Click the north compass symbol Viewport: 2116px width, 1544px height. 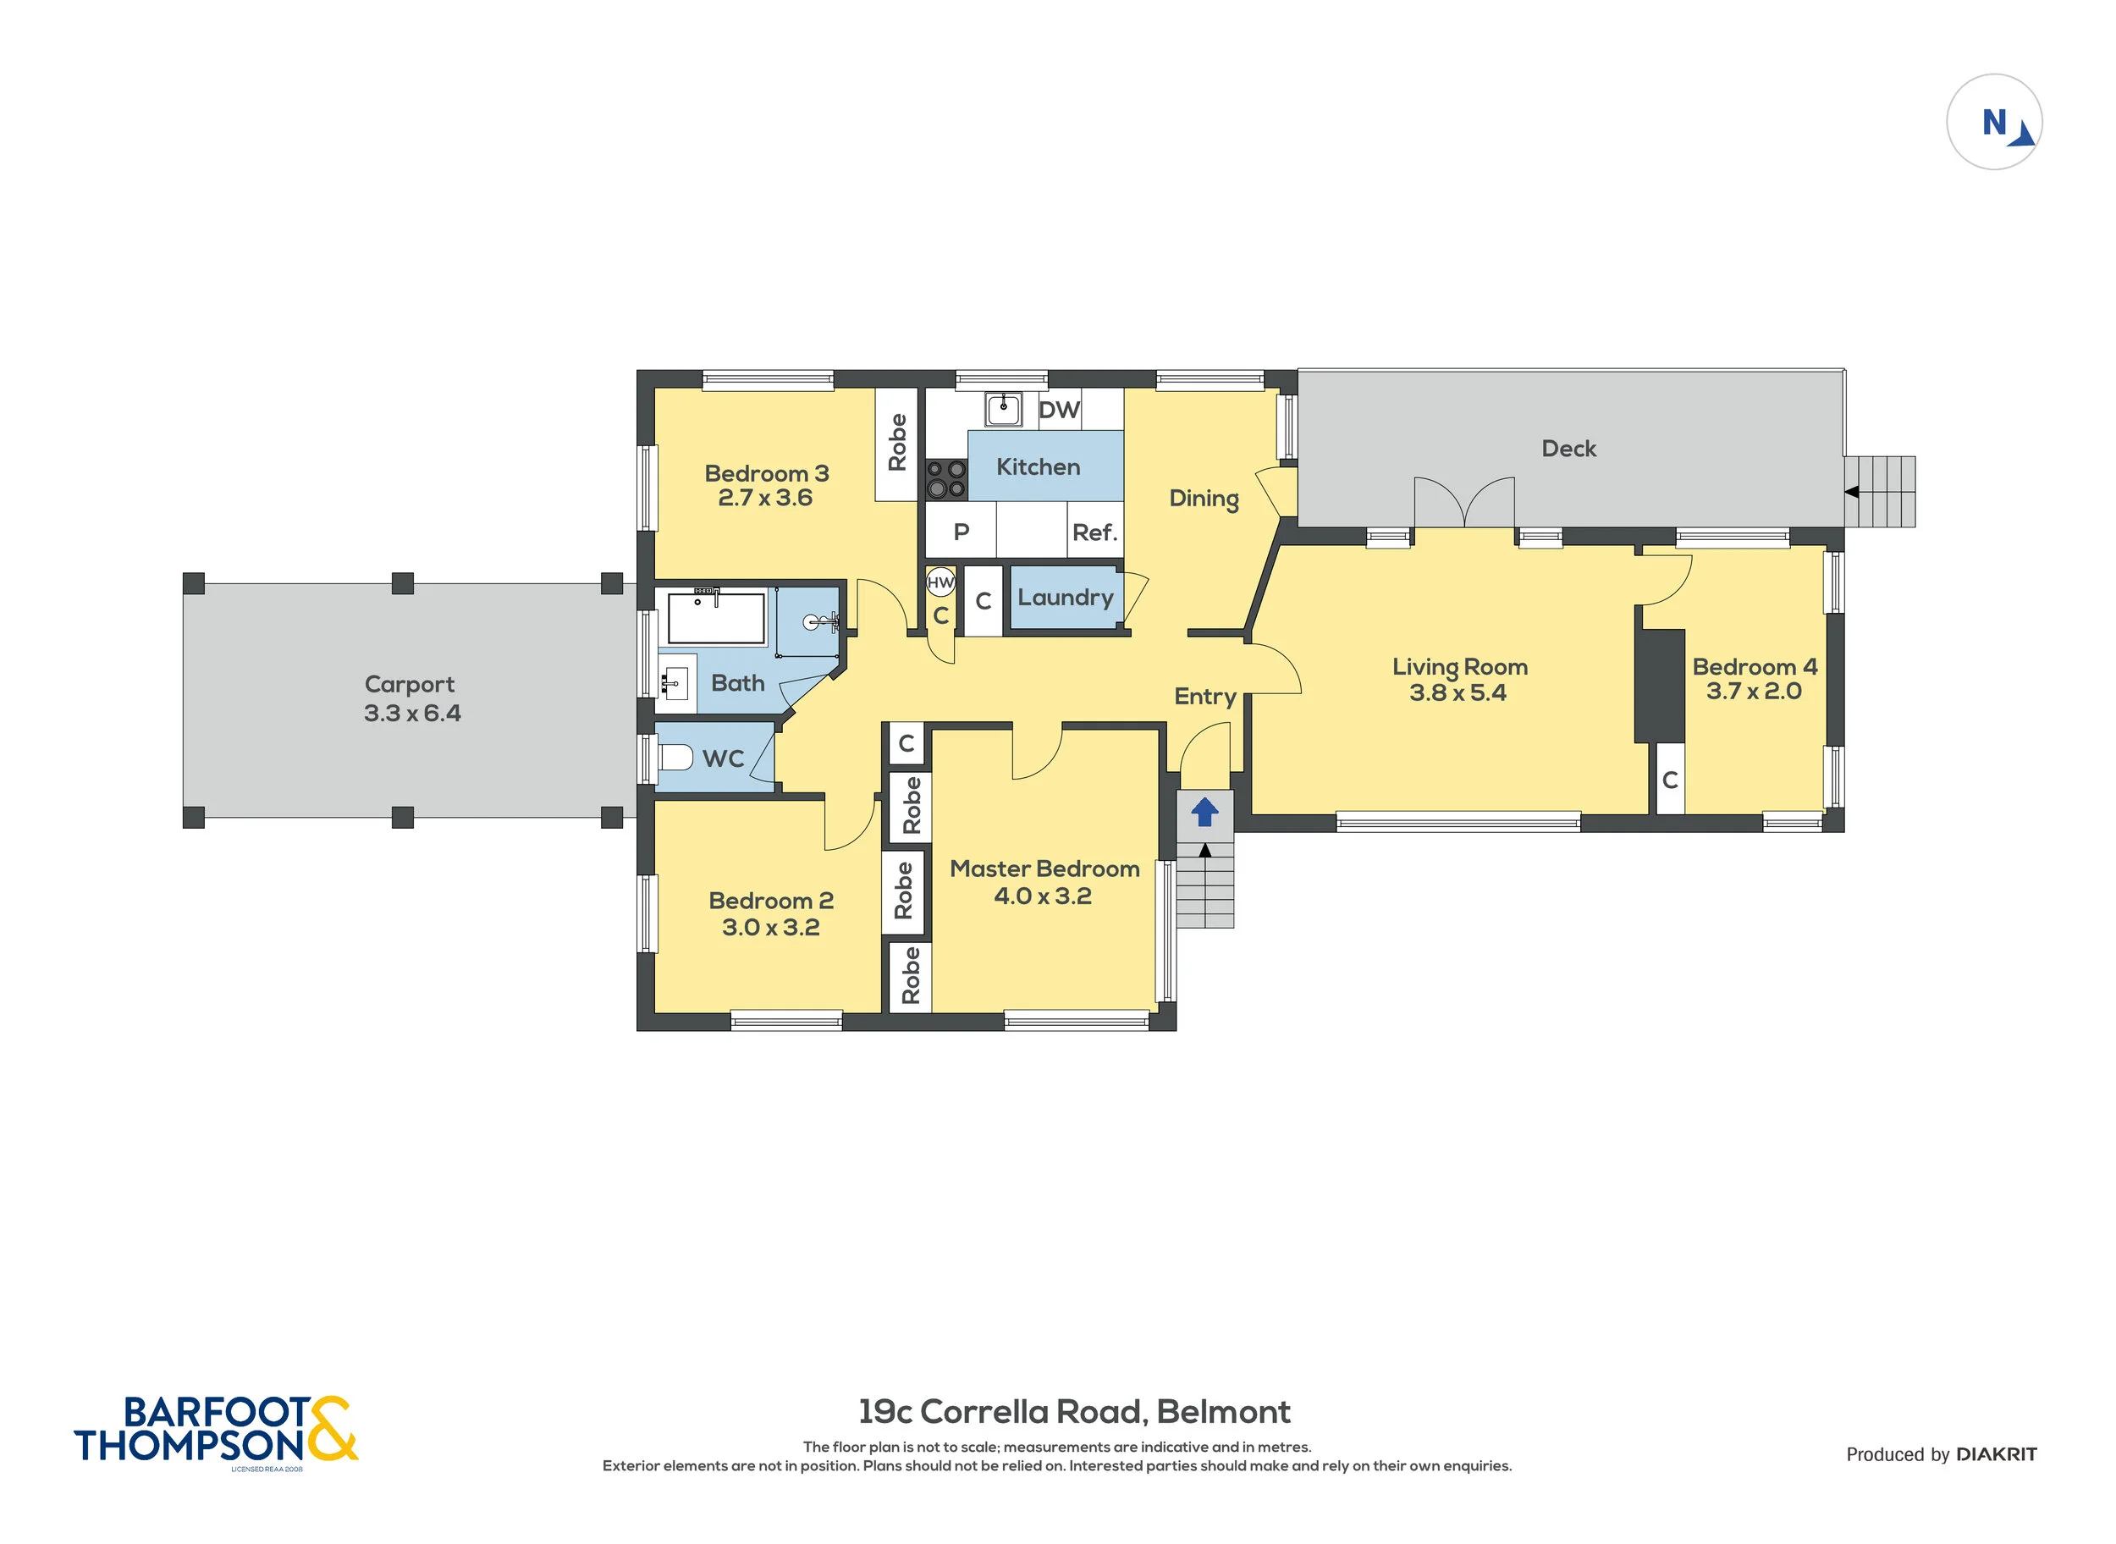pyautogui.click(x=1993, y=123)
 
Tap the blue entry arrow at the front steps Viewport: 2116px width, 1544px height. pyautogui.click(x=1204, y=811)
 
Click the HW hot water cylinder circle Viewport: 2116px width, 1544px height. pyautogui.click(x=940, y=582)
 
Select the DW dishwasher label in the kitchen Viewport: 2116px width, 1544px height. pyautogui.click(x=1059, y=410)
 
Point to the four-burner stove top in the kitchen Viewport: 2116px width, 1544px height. pyautogui.click(x=945, y=479)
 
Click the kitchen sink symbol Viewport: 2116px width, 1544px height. pyautogui.click(x=1003, y=408)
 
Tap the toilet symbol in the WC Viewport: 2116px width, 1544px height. pyautogui.click(x=675, y=756)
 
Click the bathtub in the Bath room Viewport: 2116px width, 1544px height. pyautogui.click(x=716, y=617)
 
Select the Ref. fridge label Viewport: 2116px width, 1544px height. pyautogui.click(x=1094, y=532)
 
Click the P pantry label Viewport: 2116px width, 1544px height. pyautogui.click(x=961, y=532)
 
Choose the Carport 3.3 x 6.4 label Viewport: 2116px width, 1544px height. pyautogui.click(x=411, y=699)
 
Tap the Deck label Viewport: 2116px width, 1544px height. pyautogui.click(x=1568, y=449)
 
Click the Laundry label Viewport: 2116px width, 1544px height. pyautogui.click(x=1065, y=598)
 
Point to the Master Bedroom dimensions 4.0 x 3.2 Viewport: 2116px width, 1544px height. pyautogui.click(x=1042, y=896)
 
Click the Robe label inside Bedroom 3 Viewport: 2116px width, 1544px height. pyautogui.click(x=896, y=442)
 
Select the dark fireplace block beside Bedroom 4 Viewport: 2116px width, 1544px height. pyautogui.click(x=1660, y=686)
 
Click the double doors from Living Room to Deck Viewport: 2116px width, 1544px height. pyautogui.click(x=1463, y=505)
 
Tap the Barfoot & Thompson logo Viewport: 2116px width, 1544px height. pyautogui.click(x=215, y=1429)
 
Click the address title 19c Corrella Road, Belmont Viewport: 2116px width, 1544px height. pyautogui.click(x=1074, y=1411)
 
